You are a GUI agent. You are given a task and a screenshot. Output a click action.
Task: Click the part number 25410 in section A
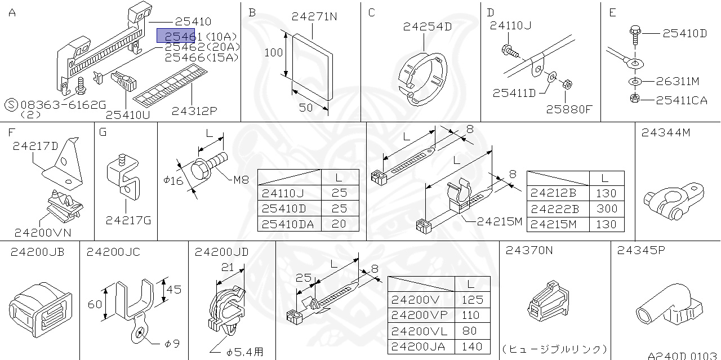pyautogui.click(x=193, y=21)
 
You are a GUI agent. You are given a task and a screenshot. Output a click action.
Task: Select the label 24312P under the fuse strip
pyautogui.click(x=194, y=110)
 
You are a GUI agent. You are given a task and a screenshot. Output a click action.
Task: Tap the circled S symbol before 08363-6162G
pyautogui.click(x=11, y=105)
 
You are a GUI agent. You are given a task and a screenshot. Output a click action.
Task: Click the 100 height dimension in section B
pyautogui.click(x=273, y=53)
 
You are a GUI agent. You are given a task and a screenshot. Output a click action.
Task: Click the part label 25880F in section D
pyautogui.click(x=569, y=109)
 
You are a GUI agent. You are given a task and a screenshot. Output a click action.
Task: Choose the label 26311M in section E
pyautogui.click(x=678, y=82)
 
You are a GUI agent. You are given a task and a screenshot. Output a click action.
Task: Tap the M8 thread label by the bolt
pyautogui.click(x=241, y=181)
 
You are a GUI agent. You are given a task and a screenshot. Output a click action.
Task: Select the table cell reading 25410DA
pyautogui.click(x=288, y=224)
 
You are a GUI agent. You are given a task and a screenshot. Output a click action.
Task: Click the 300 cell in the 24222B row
pyautogui.click(x=606, y=208)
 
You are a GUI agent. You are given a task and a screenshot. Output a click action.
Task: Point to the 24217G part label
pyautogui.click(x=128, y=220)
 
